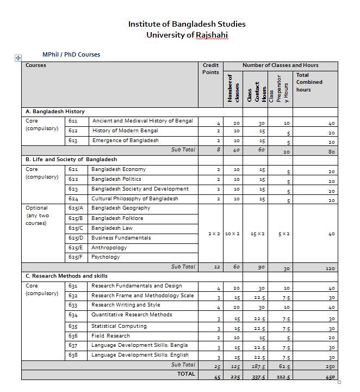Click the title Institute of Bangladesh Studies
point(187,24)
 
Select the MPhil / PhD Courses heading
point(71,54)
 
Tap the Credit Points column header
point(210,69)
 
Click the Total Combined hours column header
point(309,82)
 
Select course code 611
point(73,121)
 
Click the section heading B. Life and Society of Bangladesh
point(71,160)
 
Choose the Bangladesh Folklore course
point(117,218)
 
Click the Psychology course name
point(105,257)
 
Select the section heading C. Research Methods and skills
point(67,276)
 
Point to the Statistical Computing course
point(119,326)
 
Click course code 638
point(73,355)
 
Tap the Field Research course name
point(110,336)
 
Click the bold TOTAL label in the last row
point(186,374)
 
